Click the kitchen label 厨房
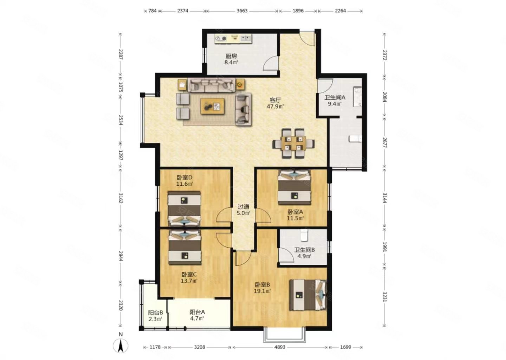coord(231,56)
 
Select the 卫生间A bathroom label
coord(335,97)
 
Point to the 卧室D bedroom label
coord(184,177)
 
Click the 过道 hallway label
coord(243,207)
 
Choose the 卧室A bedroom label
coord(295,212)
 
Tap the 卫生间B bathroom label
coord(304,250)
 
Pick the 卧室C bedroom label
coord(189,275)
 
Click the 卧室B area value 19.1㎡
coord(262,291)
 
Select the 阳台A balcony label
coord(197,312)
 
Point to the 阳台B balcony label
coord(155,313)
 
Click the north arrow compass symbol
coord(121,345)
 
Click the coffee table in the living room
coord(213,107)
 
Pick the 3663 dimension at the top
coord(242,11)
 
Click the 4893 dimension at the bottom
coord(280,347)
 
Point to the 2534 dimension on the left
coord(121,120)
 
